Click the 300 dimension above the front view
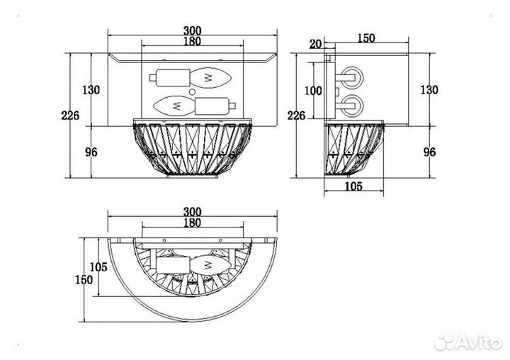click(x=192, y=30)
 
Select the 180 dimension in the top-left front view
click(x=192, y=41)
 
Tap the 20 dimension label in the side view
click(x=314, y=44)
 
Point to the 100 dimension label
click(x=313, y=91)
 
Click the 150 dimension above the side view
click(x=366, y=38)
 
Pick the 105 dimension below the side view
click(x=353, y=186)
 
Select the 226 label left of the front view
click(x=70, y=116)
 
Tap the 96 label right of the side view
click(x=429, y=152)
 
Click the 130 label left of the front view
click(x=91, y=89)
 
